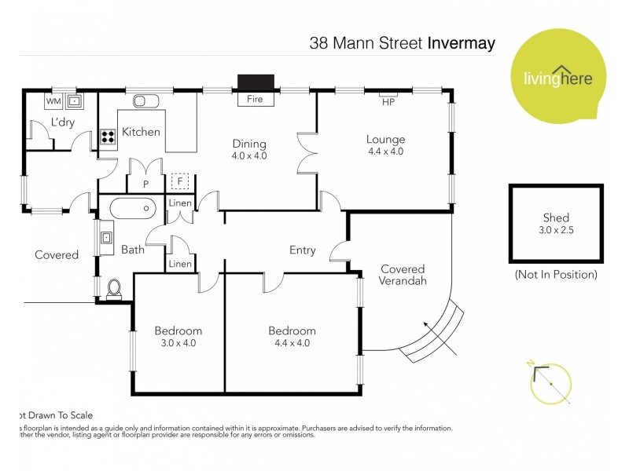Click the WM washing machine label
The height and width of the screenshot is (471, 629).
tap(53, 101)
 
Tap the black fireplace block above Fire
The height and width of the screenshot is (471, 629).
tap(255, 82)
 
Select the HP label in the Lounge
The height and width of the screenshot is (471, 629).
tap(388, 102)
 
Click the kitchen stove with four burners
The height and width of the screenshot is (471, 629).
tap(108, 138)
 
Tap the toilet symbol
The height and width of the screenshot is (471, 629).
tap(114, 288)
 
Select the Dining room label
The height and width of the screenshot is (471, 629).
tap(249, 149)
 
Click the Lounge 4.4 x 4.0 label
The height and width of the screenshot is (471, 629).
tap(385, 145)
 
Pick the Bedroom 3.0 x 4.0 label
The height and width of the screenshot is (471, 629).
tap(178, 336)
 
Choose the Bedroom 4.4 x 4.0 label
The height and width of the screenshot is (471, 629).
tap(291, 336)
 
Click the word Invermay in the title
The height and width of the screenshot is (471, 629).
tap(461, 42)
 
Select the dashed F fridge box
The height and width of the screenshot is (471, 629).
tap(181, 181)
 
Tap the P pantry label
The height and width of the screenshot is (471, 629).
tap(145, 184)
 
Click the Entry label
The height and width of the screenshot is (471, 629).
tap(302, 250)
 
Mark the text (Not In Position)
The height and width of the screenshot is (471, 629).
tap(555, 275)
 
